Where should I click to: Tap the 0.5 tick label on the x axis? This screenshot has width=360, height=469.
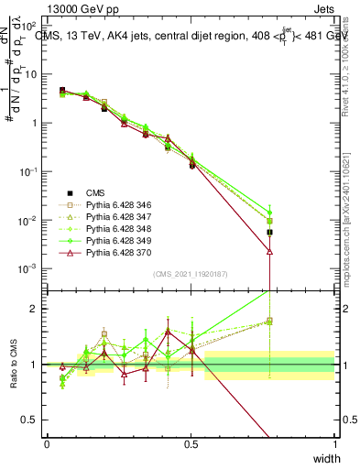pyautogui.click(x=191, y=444)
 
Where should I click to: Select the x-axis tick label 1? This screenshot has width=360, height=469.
pyautogui.click(x=335, y=444)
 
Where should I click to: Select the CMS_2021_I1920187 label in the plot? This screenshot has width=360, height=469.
pyautogui.click(x=190, y=274)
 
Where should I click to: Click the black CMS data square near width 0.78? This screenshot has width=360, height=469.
pyautogui.click(x=270, y=233)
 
